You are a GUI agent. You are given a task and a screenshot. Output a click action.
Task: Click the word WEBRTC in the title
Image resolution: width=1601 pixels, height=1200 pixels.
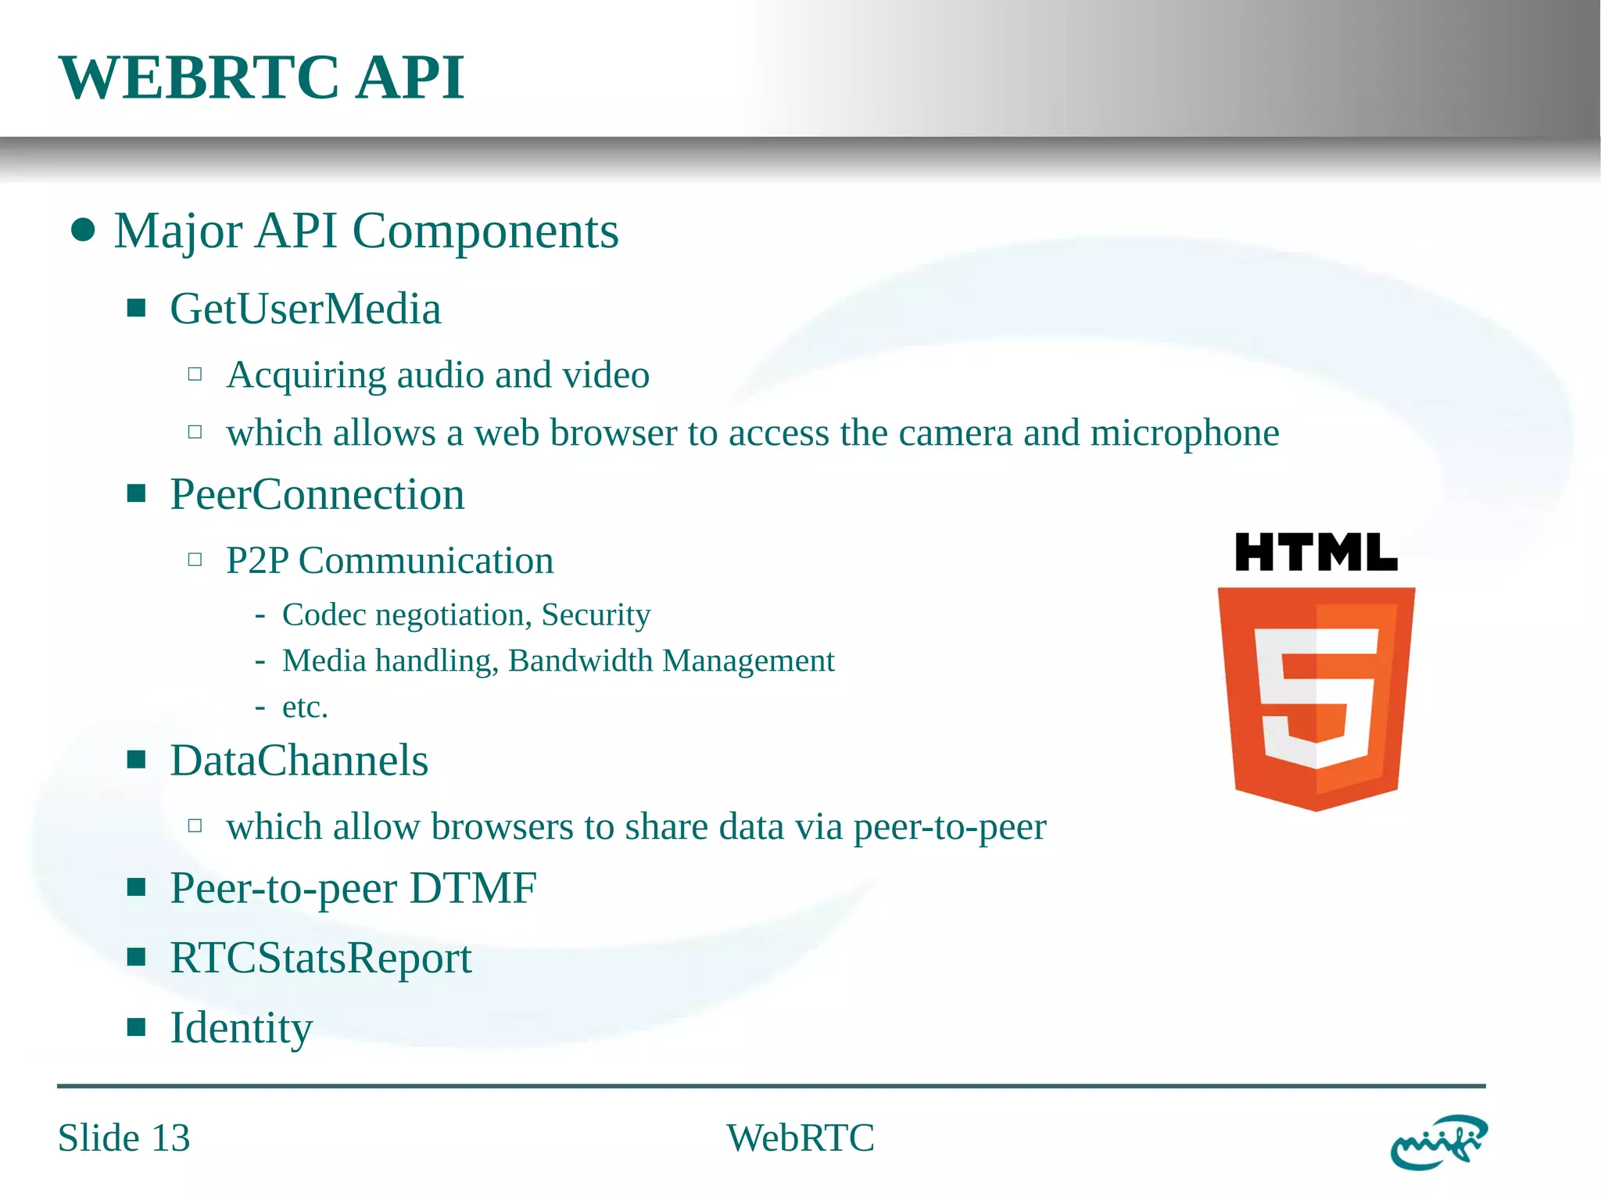199,78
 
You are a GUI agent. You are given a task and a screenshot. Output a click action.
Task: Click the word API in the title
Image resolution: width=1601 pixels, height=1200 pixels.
410,78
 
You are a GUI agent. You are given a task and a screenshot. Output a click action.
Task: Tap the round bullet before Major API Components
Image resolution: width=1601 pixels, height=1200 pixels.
83,231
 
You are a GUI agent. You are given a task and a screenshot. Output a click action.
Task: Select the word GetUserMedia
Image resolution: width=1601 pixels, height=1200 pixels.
305,309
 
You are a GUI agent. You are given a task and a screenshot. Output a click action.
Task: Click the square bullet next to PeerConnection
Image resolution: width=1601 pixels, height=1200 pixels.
137,493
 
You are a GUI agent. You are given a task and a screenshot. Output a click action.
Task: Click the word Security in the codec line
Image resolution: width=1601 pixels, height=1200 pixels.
596,615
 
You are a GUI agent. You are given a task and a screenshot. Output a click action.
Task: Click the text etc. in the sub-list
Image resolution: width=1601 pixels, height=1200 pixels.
304,707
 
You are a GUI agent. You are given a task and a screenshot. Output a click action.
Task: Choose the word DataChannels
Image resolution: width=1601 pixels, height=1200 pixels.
299,761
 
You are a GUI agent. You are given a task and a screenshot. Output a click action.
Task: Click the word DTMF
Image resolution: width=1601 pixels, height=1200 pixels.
473,888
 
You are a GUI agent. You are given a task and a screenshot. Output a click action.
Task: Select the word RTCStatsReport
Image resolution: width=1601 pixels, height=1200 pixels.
321,958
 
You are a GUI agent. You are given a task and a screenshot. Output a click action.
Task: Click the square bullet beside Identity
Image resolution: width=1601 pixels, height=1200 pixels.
137,1026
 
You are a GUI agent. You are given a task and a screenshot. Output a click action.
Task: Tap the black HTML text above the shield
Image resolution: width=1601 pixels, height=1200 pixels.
1316,553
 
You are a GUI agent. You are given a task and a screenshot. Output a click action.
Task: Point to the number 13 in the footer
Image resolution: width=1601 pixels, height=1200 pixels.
170,1138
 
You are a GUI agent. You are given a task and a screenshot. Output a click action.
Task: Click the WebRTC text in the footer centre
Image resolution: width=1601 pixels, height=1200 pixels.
800,1138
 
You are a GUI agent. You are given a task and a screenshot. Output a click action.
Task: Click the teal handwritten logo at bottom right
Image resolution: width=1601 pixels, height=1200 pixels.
1438,1142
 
